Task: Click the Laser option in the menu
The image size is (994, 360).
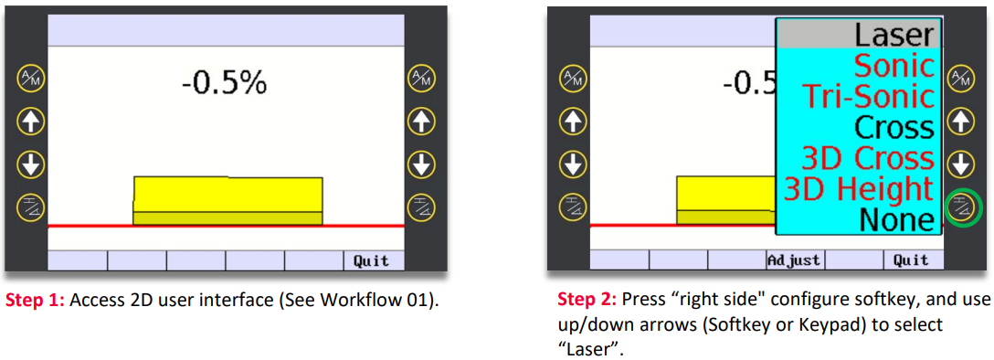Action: tap(894, 35)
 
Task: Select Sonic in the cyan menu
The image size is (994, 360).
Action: tap(894, 65)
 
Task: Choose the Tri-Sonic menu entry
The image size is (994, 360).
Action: tap(870, 96)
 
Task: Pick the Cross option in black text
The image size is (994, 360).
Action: tap(894, 127)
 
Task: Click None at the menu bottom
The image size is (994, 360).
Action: tap(897, 220)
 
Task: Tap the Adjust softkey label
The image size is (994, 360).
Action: tap(794, 259)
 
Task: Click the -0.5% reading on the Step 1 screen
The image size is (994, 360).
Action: tap(224, 83)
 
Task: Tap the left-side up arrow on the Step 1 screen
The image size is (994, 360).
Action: tap(30, 121)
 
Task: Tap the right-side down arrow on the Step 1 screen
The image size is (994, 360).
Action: tap(419, 164)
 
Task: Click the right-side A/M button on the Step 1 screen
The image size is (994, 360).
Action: tap(419, 78)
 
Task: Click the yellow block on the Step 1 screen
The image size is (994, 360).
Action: tap(227, 200)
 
